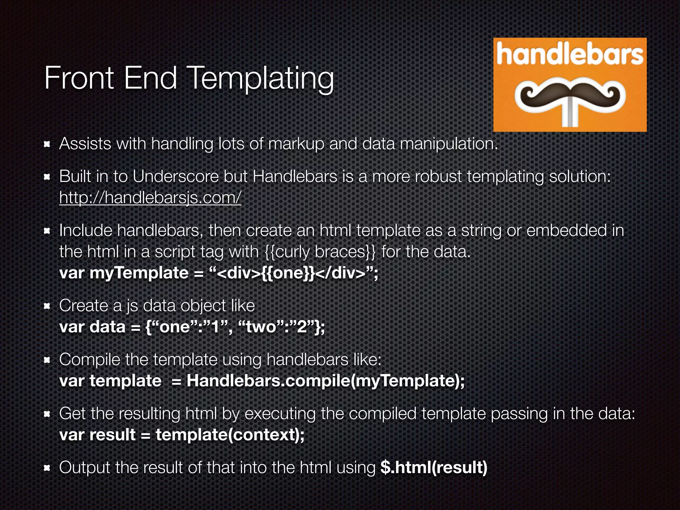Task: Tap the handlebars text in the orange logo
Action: pos(570,55)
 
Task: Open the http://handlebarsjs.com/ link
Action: pos(150,198)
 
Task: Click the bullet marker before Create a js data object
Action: pos(47,306)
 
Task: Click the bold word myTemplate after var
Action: pos(139,273)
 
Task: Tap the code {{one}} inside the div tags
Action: pos(288,273)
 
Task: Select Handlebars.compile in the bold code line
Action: pos(268,381)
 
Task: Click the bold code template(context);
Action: pos(230,435)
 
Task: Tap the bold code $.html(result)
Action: pos(434,467)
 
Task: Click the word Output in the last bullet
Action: pos(84,467)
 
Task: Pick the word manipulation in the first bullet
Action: pos(449,144)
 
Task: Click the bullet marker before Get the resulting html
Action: pos(47,414)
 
